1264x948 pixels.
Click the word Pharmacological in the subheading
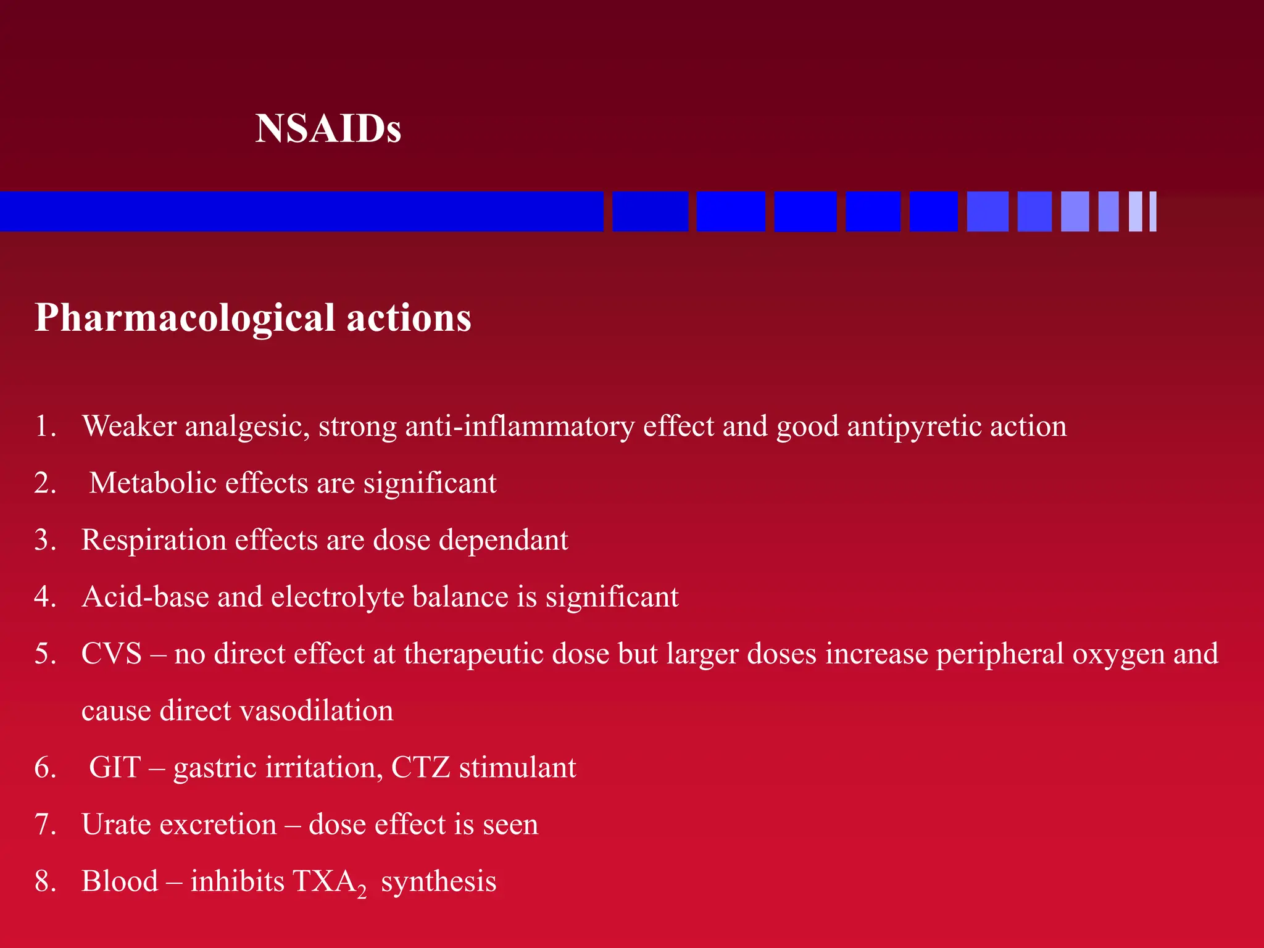[x=185, y=318]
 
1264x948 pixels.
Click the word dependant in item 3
[x=503, y=540]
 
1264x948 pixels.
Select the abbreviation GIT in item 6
[x=115, y=767]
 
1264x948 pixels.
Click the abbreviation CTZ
[x=420, y=767]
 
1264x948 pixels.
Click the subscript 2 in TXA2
[x=362, y=891]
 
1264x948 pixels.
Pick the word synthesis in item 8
[x=438, y=881]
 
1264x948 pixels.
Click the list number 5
[x=45, y=654]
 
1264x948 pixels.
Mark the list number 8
[x=45, y=881]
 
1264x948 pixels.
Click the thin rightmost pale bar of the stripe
[x=1152, y=212]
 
